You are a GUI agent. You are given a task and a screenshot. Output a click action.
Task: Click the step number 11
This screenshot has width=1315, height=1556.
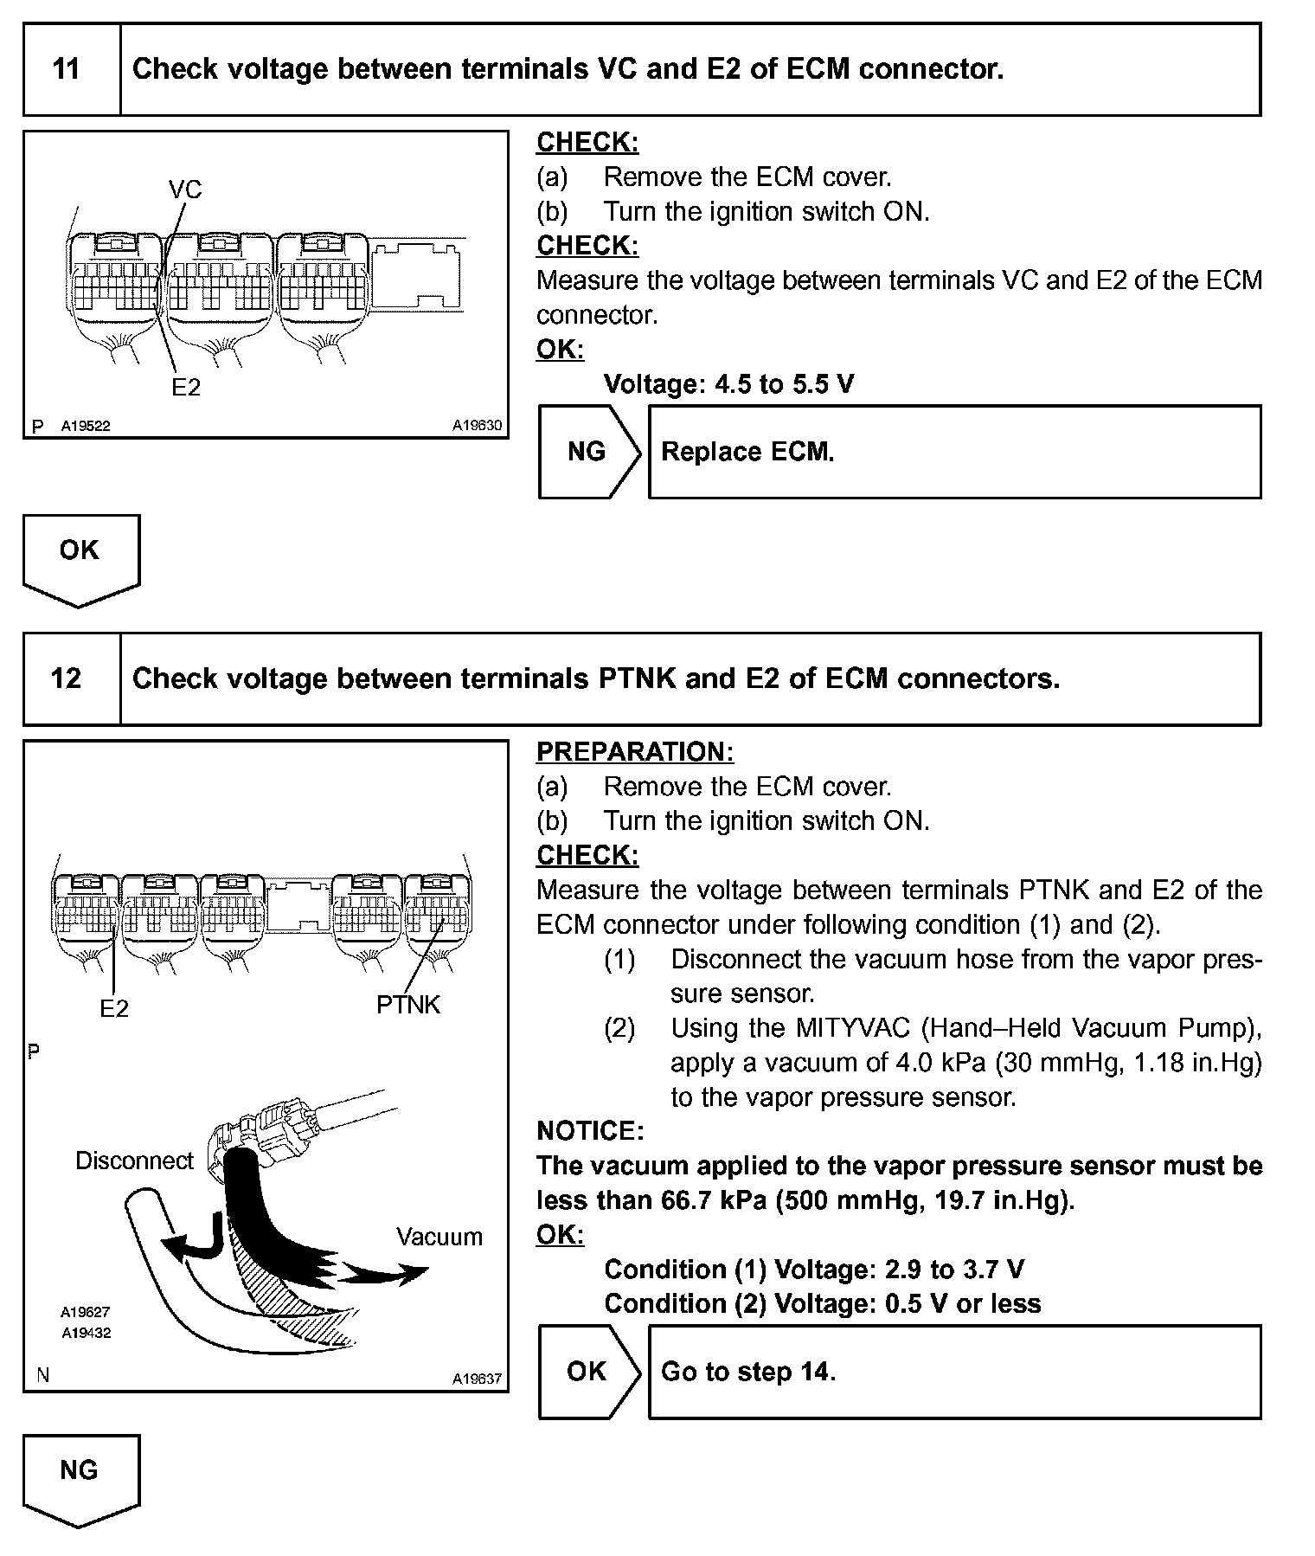click(67, 69)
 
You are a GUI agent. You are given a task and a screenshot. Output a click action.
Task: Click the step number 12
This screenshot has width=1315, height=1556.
click(67, 678)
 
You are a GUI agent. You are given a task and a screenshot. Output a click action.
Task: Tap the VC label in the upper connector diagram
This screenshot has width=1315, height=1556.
click(184, 190)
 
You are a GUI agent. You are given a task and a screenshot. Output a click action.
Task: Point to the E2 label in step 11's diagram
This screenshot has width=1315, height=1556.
click(185, 388)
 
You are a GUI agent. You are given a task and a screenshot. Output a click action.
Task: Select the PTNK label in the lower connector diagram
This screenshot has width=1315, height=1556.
click(407, 1005)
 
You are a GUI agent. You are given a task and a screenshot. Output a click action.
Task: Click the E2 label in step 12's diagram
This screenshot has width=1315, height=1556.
click(113, 1008)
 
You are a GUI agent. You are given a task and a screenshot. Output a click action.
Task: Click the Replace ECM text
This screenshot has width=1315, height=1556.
click(747, 452)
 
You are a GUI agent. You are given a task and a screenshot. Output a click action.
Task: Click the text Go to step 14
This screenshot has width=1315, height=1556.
click(747, 1372)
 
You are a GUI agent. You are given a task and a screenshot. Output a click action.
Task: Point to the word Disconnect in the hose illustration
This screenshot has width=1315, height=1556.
click(134, 1161)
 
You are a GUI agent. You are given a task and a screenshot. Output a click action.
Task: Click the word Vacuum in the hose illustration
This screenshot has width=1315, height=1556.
click(439, 1237)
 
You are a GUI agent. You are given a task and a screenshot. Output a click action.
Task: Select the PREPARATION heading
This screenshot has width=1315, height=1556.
click(634, 752)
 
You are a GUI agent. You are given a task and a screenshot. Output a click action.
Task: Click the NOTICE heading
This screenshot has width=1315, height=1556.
click(589, 1131)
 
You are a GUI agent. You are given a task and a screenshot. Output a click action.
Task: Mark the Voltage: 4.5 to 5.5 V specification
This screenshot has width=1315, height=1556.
click(728, 383)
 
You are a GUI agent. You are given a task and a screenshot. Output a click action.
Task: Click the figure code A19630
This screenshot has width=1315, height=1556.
click(477, 426)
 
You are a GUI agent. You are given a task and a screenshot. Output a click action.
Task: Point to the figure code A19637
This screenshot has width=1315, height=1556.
click(477, 1379)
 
